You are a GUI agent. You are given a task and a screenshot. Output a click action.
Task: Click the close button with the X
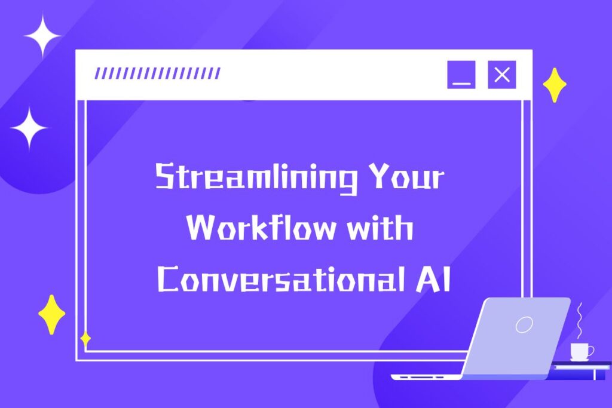coord(501,75)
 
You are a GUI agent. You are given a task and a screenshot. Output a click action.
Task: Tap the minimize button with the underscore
coord(461,75)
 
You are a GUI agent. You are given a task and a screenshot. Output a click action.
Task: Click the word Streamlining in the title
coord(256,177)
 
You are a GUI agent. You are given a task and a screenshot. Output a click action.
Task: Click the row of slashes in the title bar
coord(158,73)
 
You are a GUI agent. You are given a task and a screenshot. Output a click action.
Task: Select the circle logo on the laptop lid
coord(524,324)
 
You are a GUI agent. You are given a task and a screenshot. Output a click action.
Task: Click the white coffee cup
coord(580,351)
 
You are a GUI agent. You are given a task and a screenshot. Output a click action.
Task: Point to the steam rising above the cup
coord(580,321)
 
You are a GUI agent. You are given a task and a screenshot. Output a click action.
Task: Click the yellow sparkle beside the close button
coord(555,85)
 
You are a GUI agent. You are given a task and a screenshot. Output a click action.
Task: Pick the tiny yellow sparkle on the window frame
coord(85,339)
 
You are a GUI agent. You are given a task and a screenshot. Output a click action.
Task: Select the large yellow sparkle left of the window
coord(51,314)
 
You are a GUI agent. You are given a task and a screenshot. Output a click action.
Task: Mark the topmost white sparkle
coord(42,36)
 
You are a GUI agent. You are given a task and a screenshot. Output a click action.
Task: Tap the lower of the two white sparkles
coord(29,128)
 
